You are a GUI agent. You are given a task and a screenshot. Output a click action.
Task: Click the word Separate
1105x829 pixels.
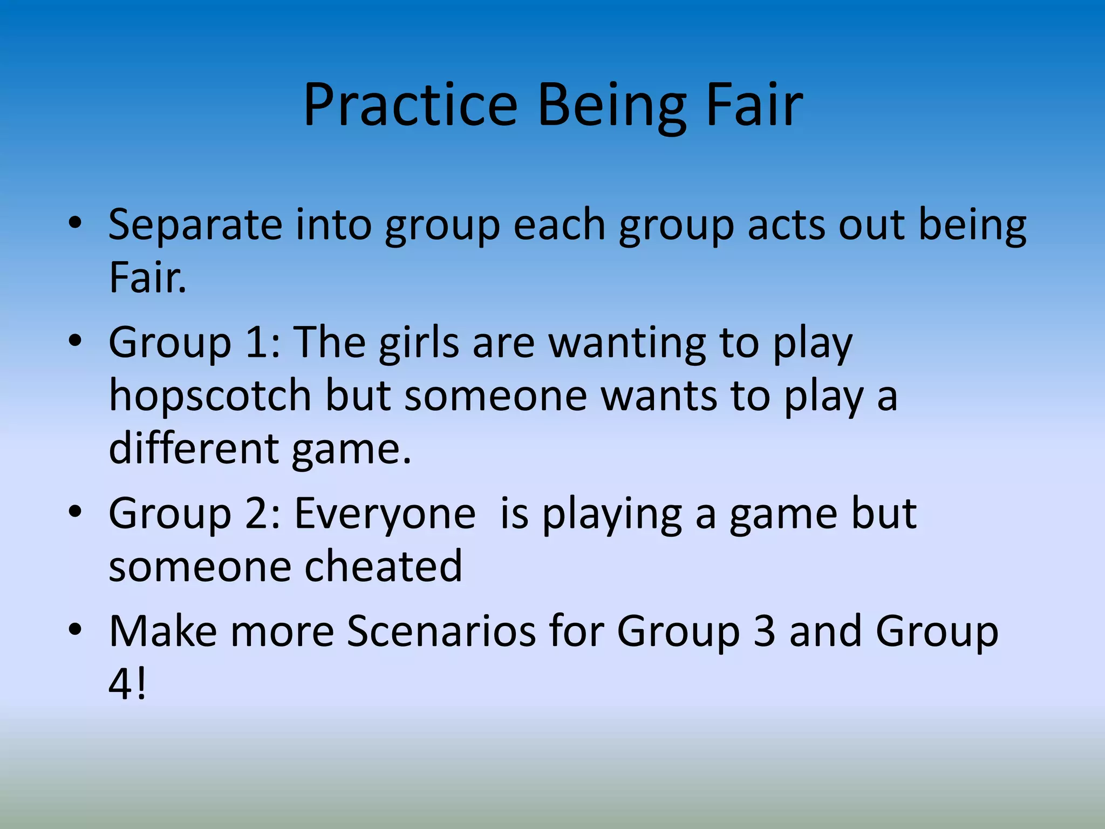[x=195, y=226]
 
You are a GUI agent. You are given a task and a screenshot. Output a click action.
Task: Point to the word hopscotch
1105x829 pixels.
[x=210, y=396]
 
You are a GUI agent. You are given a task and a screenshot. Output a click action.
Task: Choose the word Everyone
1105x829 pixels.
[x=385, y=514]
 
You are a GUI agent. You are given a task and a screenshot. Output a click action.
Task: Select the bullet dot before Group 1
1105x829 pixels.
[x=75, y=341]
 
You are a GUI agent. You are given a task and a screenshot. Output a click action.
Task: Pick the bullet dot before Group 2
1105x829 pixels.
[x=75, y=512]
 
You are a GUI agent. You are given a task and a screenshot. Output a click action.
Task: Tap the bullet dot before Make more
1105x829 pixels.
[x=75, y=629]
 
